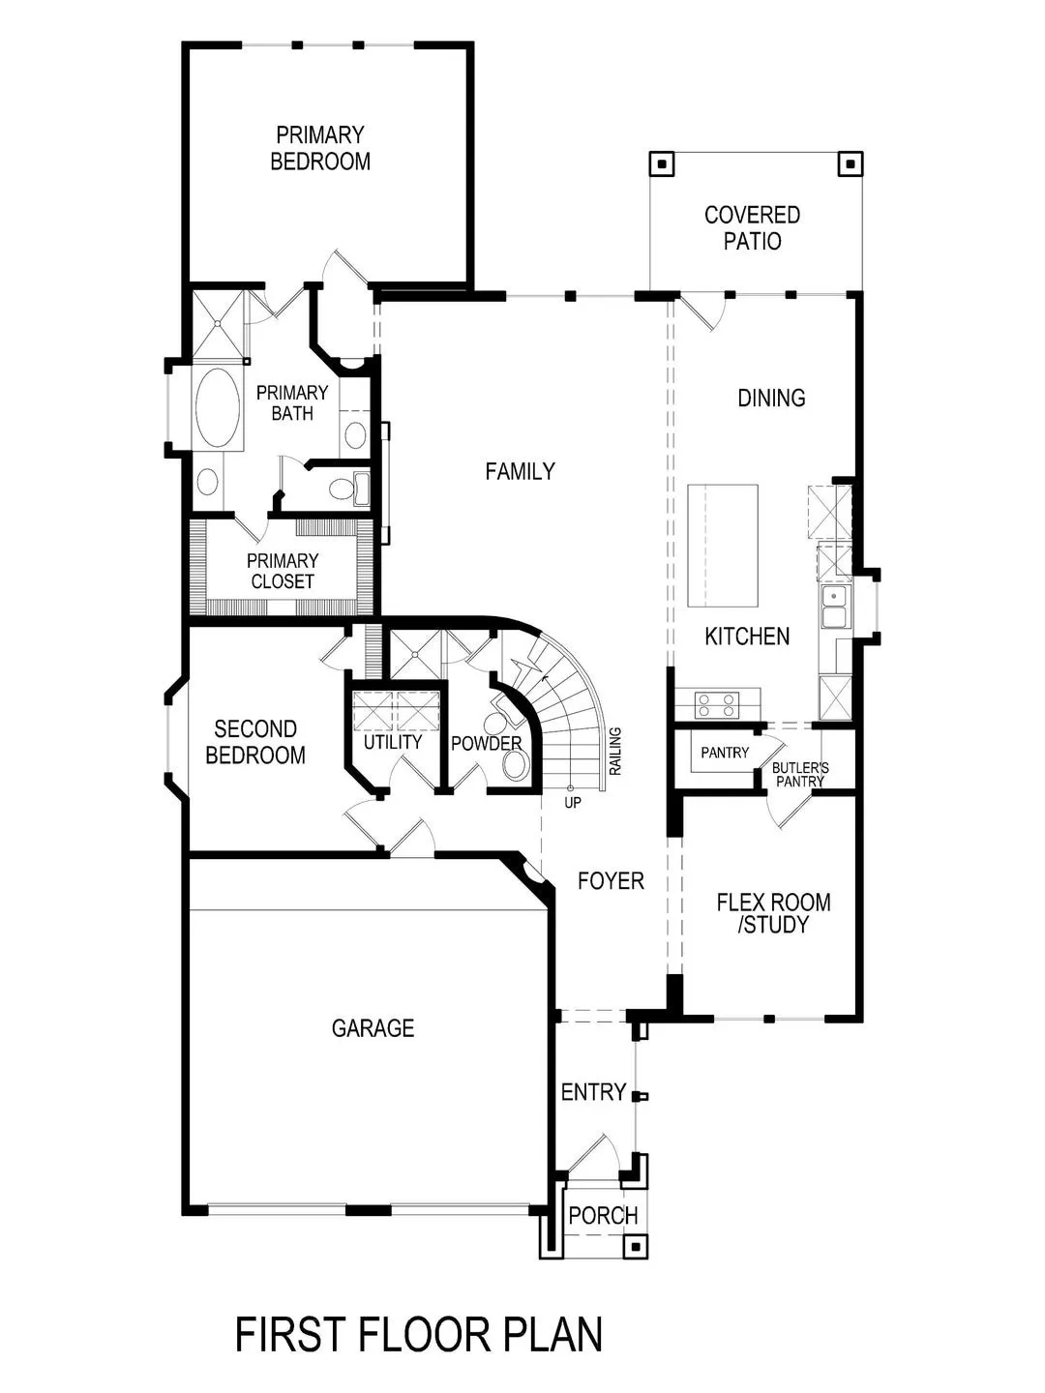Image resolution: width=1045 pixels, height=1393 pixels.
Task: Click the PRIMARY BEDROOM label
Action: (320, 148)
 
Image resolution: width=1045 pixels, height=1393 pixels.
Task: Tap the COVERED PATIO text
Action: (752, 227)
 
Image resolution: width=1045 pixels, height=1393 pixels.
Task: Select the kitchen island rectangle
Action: (722, 546)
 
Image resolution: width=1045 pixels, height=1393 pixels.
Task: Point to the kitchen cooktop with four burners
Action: (718, 704)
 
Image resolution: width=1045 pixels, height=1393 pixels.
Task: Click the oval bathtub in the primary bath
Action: (218, 406)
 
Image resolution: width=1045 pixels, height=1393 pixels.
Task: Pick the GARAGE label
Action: (373, 1028)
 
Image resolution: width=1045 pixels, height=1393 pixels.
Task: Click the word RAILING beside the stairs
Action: (615, 751)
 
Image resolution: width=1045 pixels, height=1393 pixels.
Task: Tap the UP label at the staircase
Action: (573, 803)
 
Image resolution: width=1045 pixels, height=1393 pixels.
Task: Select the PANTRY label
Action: (725, 753)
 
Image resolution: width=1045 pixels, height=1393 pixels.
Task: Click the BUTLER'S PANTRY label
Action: (800, 775)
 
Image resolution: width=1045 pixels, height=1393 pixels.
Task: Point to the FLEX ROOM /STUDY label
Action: (773, 913)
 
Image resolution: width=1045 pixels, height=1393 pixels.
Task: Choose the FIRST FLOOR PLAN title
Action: (419, 1335)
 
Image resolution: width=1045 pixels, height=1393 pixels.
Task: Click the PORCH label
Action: (603, 1216)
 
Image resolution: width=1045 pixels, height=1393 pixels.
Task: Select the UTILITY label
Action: (393, 742)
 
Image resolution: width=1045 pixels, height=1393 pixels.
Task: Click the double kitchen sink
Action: (833, 607)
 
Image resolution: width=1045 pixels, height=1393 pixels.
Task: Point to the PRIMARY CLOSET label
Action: (283, 571)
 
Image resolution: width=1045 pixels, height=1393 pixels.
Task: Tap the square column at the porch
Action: (635, 1246)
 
